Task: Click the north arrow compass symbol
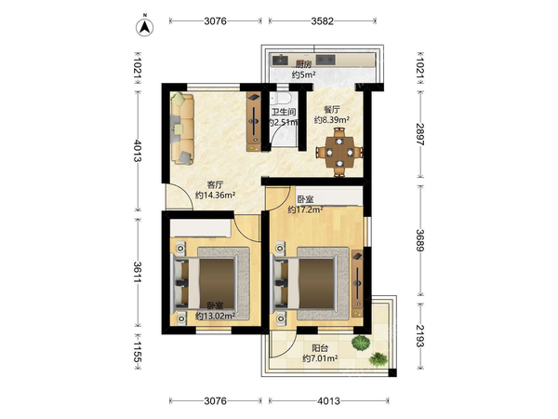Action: click(x=144, y=26)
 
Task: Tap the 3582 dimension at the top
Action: click(x=323, y=21)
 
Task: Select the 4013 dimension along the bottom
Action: click(x=328, y=401)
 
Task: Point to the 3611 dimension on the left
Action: click(x=138, y=272)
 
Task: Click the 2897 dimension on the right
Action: click(x=420, y=134)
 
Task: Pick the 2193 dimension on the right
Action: click(x=420, y=336)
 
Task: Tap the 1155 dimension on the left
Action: click(x=138, y=352)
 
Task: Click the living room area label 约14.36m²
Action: click(x=216, y=196)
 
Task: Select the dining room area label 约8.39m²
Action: click(x=331, y=120)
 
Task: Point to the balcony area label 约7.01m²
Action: click(x=320, y=358)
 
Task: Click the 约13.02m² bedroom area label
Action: click(x=216, y=316)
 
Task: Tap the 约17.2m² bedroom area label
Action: click(x=305, y=209)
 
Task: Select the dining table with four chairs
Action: click(x=339, y=153)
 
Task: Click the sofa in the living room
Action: click(x=182, y=128)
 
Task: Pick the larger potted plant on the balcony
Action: click(x=361, y=343)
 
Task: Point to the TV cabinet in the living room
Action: click(x=253, y=121)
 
